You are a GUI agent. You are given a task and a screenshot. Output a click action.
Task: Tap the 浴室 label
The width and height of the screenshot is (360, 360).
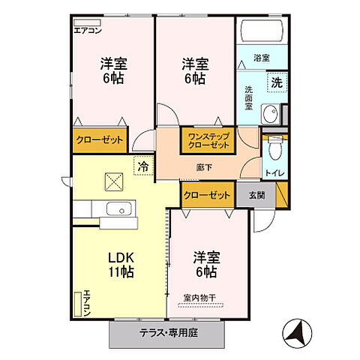(262, 57)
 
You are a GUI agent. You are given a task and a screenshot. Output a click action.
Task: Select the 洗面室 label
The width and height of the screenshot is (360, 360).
(248, 97)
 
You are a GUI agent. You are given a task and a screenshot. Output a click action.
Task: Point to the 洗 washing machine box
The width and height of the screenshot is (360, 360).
(276, 82)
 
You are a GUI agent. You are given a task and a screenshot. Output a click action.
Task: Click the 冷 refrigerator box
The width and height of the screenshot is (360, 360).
(142, 164)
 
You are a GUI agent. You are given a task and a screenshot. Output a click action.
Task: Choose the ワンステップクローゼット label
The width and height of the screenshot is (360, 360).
(209, 140)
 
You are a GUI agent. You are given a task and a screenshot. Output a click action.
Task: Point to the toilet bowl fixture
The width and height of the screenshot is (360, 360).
(275, 150)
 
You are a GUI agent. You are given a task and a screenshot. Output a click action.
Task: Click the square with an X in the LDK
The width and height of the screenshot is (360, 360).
(113, 181)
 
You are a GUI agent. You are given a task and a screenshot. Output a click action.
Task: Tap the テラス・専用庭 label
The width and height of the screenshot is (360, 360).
(166, 334)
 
